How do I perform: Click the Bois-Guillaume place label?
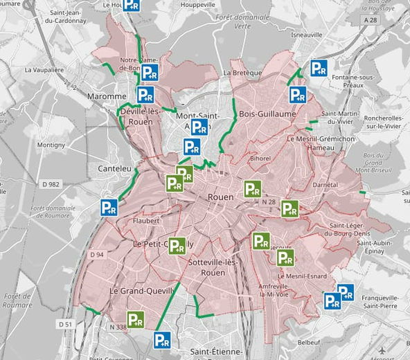[267, 113]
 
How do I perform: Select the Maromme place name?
[107, 96]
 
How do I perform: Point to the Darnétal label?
[325, 186]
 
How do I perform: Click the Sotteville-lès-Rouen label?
[213, 267]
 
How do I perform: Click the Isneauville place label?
[307, 34]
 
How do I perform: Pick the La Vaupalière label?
[44, 70]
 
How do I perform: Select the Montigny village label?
[51, 145]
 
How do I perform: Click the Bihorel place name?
[261, 159]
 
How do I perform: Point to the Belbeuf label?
[309, 342]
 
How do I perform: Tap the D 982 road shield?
[51, 183]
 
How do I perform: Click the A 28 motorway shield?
[373, 21]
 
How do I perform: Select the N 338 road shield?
[118, 327]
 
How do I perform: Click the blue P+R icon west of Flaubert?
[109, 207]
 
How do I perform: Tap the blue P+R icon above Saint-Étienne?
[162, 339]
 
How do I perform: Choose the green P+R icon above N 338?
[135, 319]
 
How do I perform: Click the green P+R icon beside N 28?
[289, 208]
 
